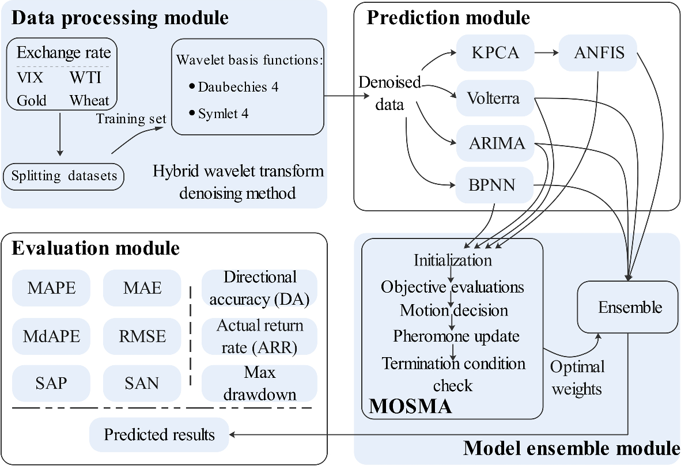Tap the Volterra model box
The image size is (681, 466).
(494, 98)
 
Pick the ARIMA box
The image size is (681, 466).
(494, 143)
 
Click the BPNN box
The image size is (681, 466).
(494, 185)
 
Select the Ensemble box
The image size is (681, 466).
(629, 307)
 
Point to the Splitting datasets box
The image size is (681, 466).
(64, 176)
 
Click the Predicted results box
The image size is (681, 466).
(159, 434)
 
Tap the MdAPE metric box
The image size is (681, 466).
(51, 336)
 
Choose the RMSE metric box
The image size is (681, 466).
(142, 336)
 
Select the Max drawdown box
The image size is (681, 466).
(259, 383)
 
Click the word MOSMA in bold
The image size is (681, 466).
(410, 406)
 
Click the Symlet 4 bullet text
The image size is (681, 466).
(223, 113)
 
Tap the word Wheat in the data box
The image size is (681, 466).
(89, 100)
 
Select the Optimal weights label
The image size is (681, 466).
(577, 378)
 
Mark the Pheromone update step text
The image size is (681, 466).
(456, 336)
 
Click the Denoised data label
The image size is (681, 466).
(389, 94)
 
